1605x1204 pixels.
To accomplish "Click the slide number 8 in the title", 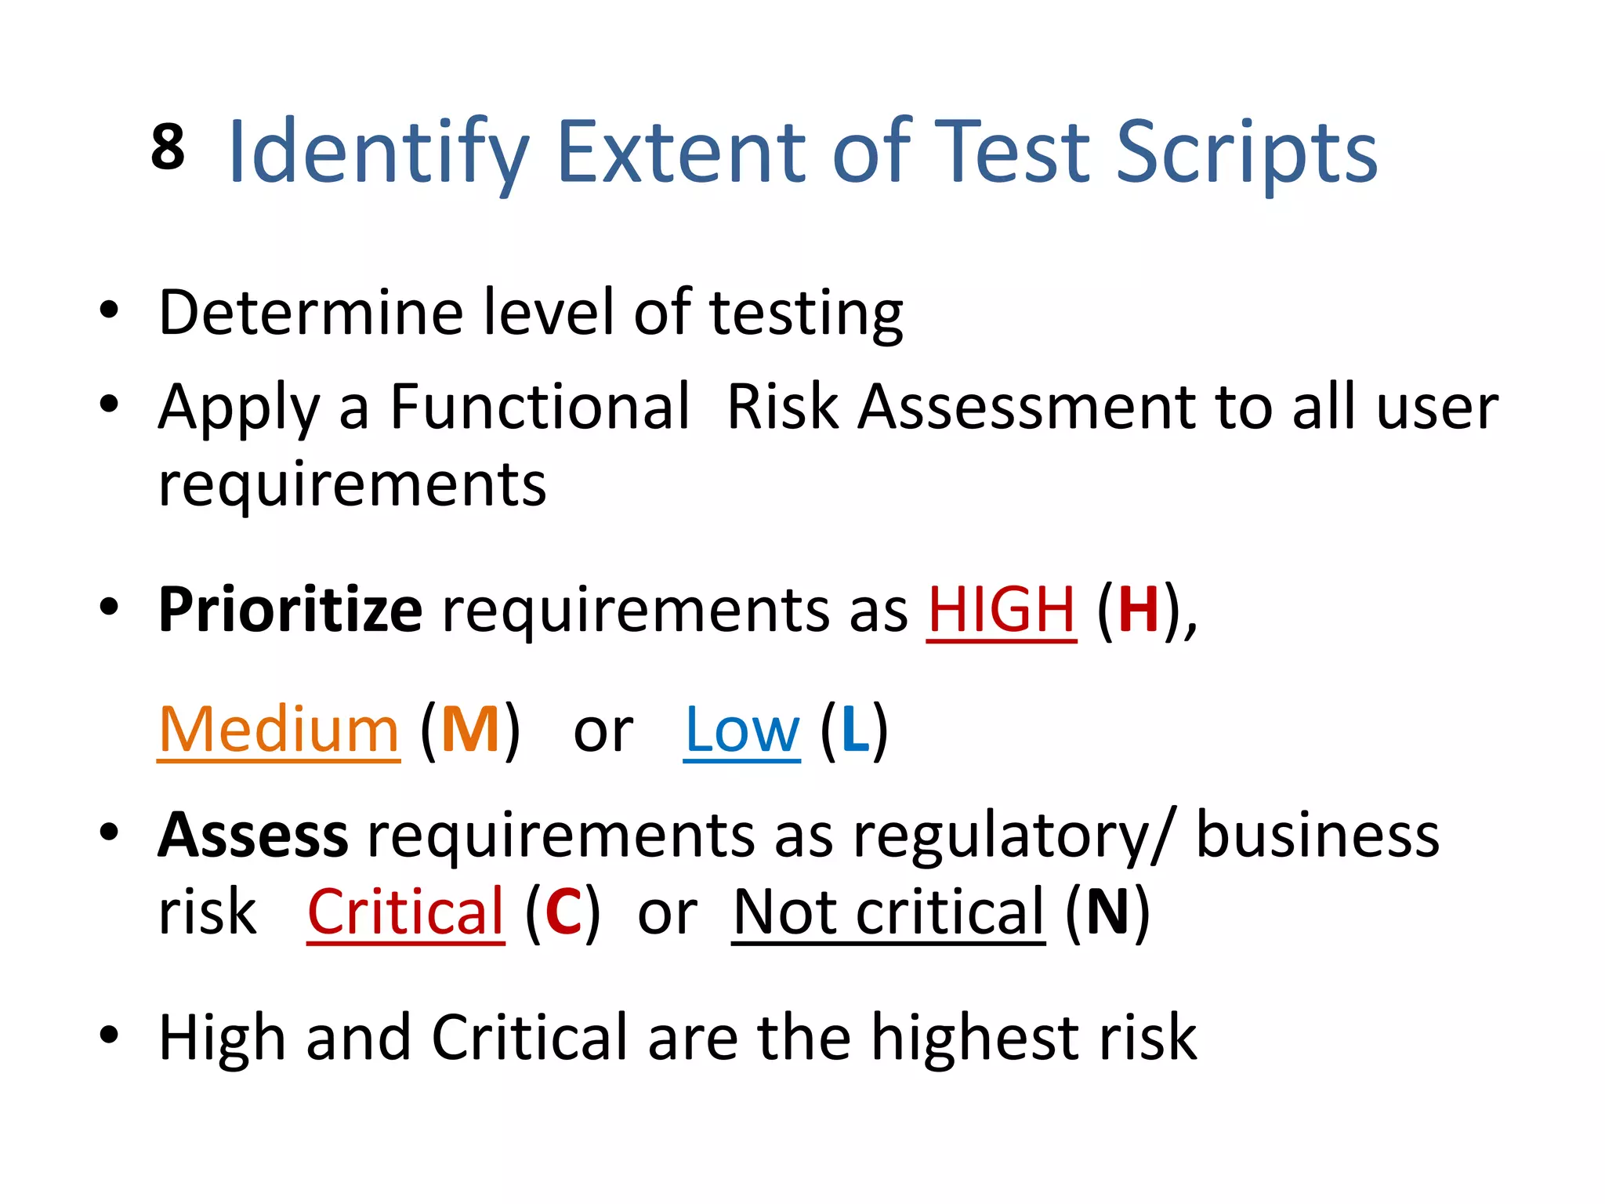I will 168,147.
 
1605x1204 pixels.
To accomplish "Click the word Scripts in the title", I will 1245,152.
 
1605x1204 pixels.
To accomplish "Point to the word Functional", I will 540,407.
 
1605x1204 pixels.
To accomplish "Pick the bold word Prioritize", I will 290,609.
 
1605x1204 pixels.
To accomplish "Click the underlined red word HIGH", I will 1001,609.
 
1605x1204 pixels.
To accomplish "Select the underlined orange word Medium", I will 278,730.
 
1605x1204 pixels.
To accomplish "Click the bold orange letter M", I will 470,730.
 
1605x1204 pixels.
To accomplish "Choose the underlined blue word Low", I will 741,730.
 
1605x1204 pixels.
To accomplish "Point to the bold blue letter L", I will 855,730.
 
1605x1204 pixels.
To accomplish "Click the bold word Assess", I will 252,836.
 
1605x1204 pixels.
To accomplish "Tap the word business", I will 1317,836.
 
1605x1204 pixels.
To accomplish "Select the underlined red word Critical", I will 405,912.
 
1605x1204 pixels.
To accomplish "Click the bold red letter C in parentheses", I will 563,912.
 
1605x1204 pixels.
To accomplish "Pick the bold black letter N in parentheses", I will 1107,912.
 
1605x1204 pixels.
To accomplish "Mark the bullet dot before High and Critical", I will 109,1035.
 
